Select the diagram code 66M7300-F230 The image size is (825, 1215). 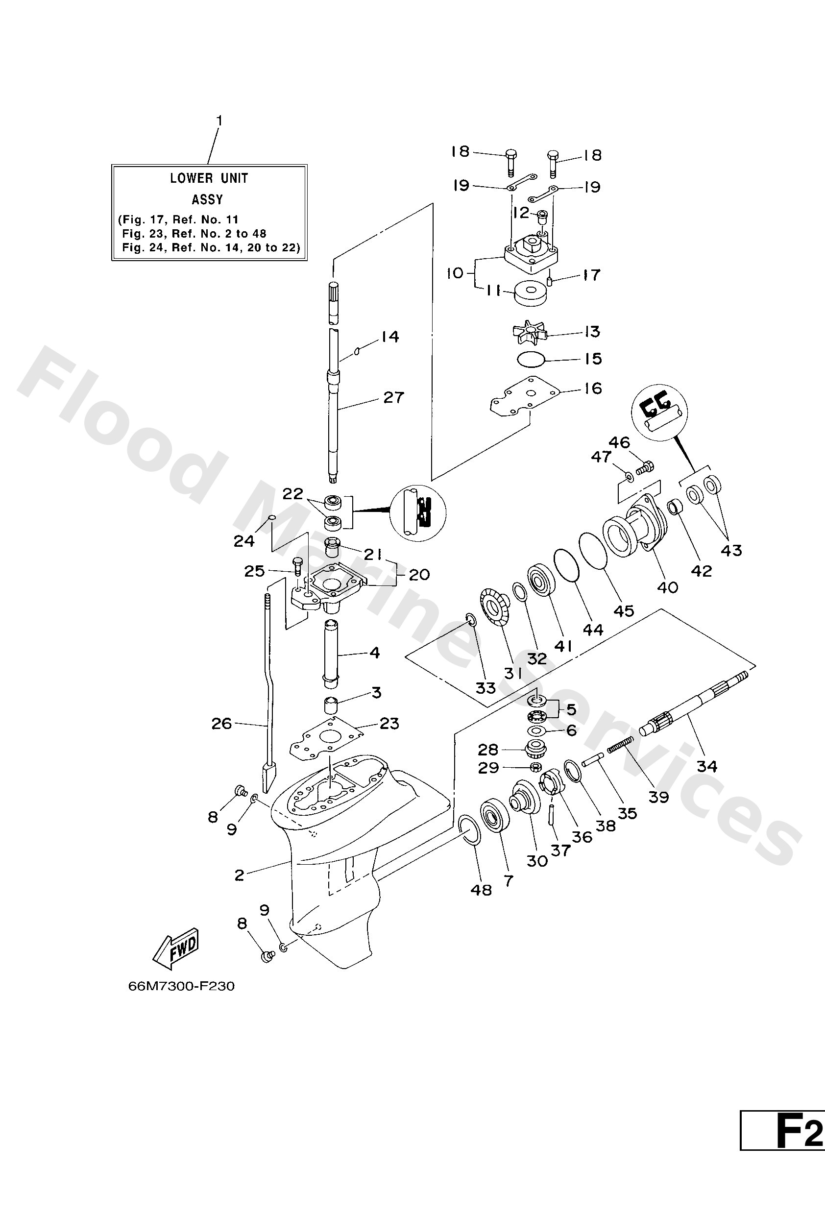tap(181, 986)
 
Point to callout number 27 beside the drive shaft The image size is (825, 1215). tap(393, 397)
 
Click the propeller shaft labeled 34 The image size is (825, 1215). tap(695, 710)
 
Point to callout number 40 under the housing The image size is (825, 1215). tap(667, 587)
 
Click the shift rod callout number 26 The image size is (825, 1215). tap(221, 724)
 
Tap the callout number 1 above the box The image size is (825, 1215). tap(219, 121)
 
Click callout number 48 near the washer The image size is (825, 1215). tap(481, 889)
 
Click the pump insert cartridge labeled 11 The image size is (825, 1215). tap(531, 294)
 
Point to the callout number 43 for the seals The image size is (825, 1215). tap(731, 550)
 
